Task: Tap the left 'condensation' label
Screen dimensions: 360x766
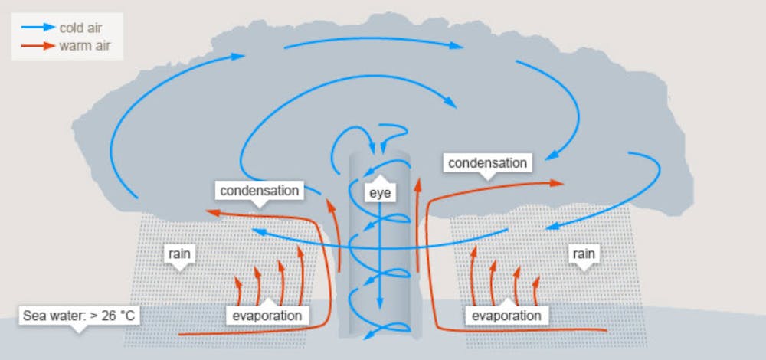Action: point(259,190)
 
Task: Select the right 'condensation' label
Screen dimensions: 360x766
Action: point(487,163)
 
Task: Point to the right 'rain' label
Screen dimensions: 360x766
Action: point(583,254)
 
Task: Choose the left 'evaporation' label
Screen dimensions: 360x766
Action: point(267,315)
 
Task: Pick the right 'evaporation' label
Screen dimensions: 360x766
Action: point(506,315)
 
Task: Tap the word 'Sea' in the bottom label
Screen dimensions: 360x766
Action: point(34,316)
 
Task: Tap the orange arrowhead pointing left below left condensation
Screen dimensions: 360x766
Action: point(211,213)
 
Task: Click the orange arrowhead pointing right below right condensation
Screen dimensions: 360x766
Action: point(560,184)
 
